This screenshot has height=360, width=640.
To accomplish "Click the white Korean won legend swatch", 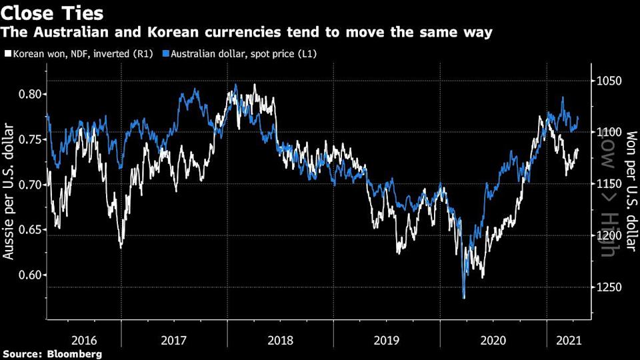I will [x=7, y=53].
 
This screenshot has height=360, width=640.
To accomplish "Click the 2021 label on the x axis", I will [x=567, y=339].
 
